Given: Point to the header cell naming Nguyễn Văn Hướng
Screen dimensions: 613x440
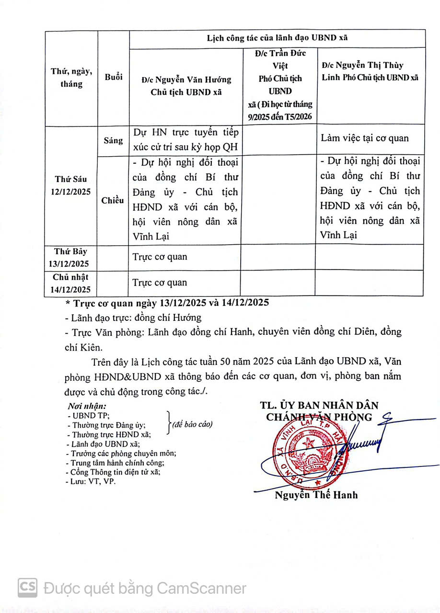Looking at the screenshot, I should [x=186, y=86].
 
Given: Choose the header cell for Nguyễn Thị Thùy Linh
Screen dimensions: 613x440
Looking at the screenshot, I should [x=370, y=71].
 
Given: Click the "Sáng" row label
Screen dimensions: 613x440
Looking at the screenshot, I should [x=113, y=141].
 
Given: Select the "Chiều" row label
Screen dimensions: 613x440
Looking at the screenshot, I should [x=113, y=200].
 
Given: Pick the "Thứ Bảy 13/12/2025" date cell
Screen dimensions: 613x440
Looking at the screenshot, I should [x=71, y=258].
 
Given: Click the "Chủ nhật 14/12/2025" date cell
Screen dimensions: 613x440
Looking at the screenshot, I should [x=71, y=283].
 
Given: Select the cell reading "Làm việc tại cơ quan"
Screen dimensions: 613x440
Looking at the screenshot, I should [x=365, y=138].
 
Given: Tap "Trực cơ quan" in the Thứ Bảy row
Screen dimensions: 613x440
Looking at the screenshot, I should [x=160, y=257].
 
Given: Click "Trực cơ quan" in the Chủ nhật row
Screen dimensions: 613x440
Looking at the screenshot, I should [x=160, y=283].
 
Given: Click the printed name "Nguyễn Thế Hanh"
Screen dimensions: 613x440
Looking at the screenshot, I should [x=316, y=495].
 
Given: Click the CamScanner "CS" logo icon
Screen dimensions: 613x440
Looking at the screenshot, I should [x=28, y=588].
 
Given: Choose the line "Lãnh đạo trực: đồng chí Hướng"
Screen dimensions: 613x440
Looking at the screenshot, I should [x=133, y=317].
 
